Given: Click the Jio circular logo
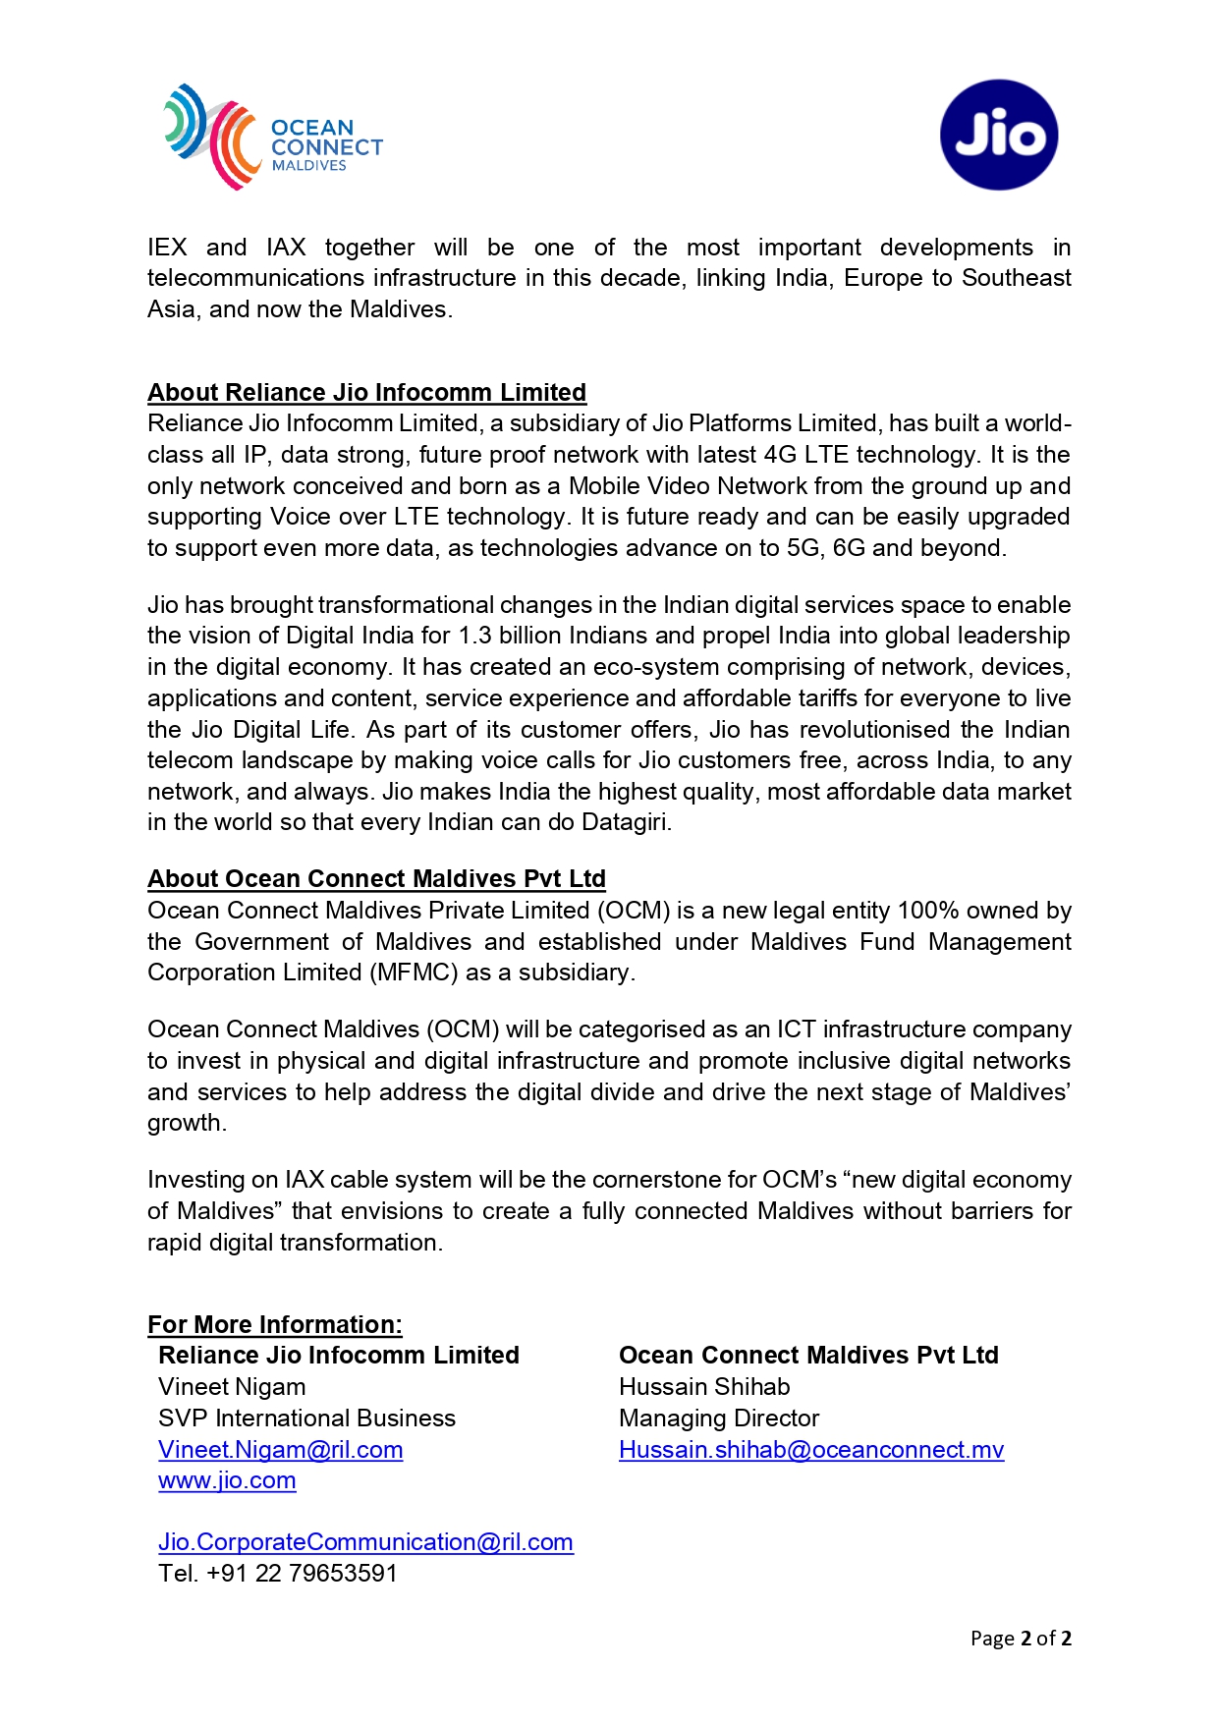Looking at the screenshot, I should (x=998, y=135).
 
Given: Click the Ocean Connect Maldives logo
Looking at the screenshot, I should (x=272, y=138).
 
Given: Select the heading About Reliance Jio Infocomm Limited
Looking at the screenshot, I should (x=366, y=392).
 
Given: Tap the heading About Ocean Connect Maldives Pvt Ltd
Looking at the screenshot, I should (x=376, y=878).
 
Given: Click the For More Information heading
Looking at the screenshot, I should (x=274, y=1324).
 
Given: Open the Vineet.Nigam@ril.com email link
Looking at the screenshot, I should (x=280, y=1450).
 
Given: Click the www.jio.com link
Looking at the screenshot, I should (x=227, y=1480).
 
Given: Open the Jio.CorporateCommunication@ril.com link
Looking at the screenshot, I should (x=365, y=1542).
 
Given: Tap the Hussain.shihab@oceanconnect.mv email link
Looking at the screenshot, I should (x=810, y=1450).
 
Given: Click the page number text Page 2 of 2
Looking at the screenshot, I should (x=1020, y=1639).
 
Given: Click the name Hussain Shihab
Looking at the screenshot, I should (x=704, y=1387).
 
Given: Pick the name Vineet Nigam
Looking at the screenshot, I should (x=232, y=1387).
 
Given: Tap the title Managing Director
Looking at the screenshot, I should (x=718, y=1418).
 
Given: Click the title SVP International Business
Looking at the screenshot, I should (x=306, y=1418).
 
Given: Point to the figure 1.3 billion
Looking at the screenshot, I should (x=504, y=636).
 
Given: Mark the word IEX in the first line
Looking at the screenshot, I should (x=167, y=248).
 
